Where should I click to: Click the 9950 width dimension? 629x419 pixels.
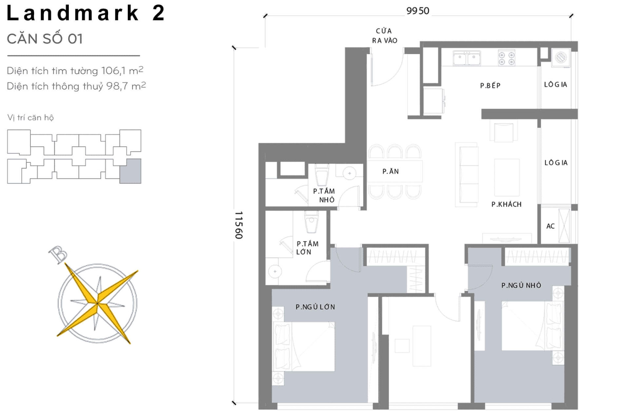point(417,11)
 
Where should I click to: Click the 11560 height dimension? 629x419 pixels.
point(238,225)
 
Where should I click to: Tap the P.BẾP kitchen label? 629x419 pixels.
point(490,86)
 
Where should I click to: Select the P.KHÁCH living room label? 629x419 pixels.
point(506,204)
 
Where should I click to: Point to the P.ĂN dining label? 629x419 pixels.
point(391,172)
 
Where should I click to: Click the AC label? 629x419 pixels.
point(550,226)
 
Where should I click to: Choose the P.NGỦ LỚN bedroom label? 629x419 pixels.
point(315,307)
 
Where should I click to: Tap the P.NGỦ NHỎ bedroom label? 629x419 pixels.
point(521,285)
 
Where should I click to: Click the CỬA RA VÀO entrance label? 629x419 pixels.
point(384,36)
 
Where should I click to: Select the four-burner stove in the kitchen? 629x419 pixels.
point(506,58)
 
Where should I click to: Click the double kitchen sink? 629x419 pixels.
point(467,58)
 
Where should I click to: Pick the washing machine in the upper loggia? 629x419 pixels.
point(561,58)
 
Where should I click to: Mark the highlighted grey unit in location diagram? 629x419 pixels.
point(130,171)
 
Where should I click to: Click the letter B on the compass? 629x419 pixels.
point(58,254)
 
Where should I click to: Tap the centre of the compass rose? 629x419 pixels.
point(97,303)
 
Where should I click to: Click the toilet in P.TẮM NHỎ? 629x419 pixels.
point(322,175)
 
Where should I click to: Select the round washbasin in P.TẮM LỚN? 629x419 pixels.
point(275,271)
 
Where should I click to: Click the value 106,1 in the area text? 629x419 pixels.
point(113,71)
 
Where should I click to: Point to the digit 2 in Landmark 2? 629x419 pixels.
point(158,13)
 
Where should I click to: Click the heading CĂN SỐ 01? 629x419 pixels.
point(45,39)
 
